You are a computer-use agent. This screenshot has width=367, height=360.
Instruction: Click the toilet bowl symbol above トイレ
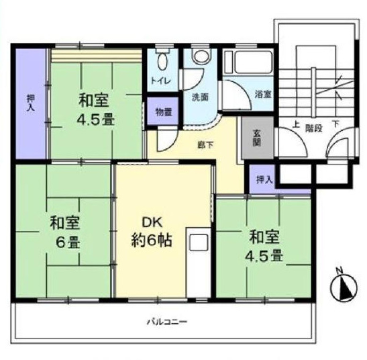162,59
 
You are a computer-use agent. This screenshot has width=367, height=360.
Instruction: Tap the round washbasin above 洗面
201,56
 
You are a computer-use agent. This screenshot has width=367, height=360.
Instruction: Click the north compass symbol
344,286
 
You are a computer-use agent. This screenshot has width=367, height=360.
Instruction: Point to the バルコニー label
167,322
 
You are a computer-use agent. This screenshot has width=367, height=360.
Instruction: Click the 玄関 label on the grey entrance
257,138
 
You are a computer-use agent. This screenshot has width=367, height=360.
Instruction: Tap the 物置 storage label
164,112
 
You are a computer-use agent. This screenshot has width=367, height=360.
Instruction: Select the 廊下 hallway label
205,145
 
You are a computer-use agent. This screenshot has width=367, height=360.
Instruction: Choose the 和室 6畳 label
65,232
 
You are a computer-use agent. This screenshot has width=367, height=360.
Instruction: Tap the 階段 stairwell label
314,128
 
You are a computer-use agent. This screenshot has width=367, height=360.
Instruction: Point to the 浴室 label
263,95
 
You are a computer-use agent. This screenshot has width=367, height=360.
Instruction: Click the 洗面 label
200,97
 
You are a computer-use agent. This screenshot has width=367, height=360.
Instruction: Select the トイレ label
160,81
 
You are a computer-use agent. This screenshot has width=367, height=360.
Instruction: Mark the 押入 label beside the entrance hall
265,179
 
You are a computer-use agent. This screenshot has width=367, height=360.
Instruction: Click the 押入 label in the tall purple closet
31,103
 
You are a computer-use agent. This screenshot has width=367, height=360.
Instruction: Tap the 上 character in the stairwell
296,124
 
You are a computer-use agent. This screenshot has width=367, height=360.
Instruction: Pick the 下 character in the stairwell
336,124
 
